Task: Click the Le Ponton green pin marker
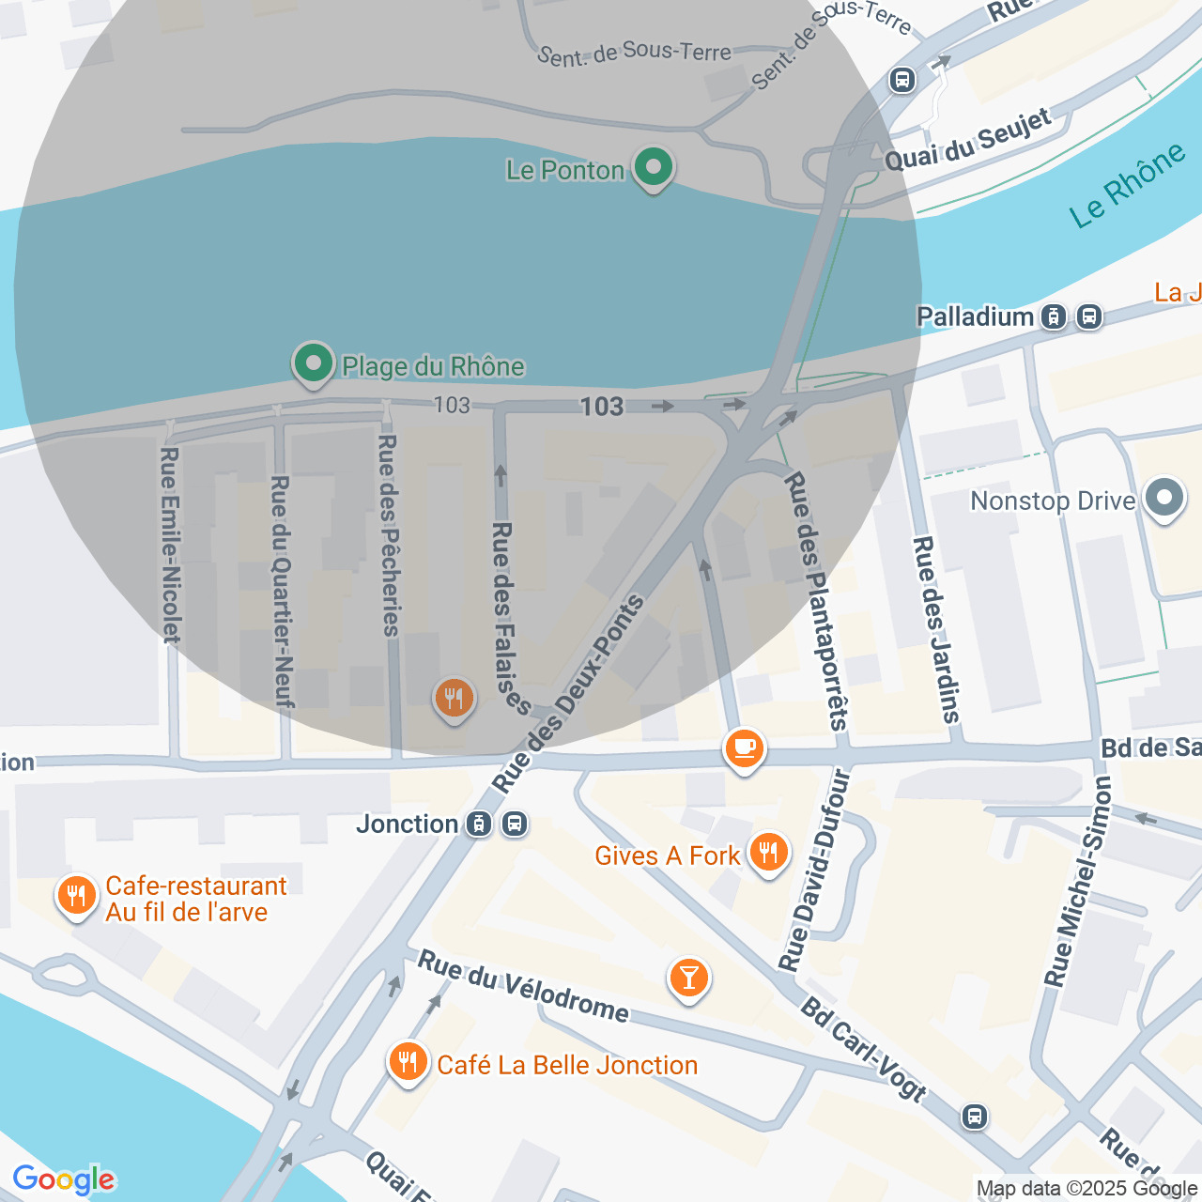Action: click(x=653, y=169)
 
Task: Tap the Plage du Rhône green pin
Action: click(x=314, y=363)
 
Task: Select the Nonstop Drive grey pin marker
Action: click(x=1164, y=499)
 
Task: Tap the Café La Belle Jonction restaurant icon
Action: click(x=408, y=1063)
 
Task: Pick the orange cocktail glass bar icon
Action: click(x=688, y=979)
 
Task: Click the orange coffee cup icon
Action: click(x=744, y=749)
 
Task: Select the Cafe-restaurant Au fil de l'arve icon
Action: click(x=76, y=897)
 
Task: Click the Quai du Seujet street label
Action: click(x=968, y=141)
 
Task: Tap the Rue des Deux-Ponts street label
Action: click(x=568, y=694)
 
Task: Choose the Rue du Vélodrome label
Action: click(x=523, y=986)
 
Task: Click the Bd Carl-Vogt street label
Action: click(x=863, y=1048)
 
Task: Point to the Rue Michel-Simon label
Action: click(x=1078, y=881)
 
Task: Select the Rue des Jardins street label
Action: click(x=936, y=629)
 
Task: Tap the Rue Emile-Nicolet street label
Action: click(x=170, y=545)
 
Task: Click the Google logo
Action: click(x=64, y=1179)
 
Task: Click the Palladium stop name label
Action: click(x=975, y=316)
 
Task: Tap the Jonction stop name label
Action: click(x=407, y=824)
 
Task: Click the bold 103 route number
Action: click(x=602, y=406)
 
